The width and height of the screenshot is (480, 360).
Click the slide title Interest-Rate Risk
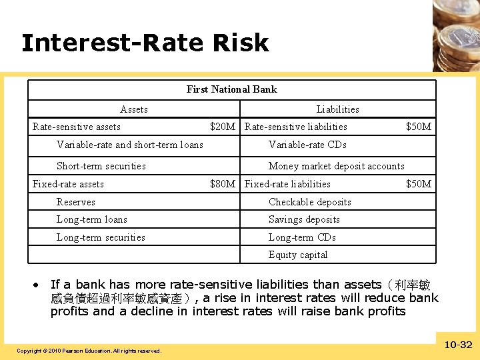[145, 43]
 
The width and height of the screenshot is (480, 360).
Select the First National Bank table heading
[231, 89]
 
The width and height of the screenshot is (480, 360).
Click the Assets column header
[133, 109]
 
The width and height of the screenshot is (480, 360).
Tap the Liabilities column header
[337, 109]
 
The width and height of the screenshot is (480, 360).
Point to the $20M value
[223, 127]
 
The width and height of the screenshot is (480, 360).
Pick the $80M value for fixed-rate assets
[223, 184]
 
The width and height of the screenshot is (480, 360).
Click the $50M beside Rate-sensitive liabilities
[419, 127]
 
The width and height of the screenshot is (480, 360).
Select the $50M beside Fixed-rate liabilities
[419, 184]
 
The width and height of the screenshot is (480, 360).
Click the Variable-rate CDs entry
[307, 145]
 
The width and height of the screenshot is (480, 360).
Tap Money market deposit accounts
[336, 166]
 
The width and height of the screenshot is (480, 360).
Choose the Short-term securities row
[101, 166]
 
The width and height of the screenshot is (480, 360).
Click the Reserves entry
[75, 202]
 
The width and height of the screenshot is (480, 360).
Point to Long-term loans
[91, 219]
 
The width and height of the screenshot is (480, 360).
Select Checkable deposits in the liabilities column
[309, 202]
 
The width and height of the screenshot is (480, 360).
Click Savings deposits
[304, 219]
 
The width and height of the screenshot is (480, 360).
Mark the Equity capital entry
[298, 255]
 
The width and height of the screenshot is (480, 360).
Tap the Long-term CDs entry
[302, 237]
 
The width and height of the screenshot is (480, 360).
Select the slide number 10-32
[458, 345]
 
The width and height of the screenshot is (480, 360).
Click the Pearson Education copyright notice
[89, 351]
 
